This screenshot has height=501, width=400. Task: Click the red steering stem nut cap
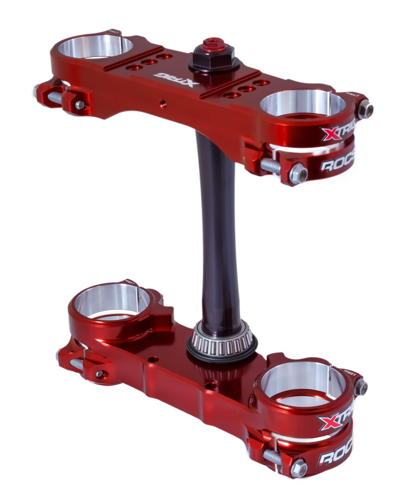click(214, 45)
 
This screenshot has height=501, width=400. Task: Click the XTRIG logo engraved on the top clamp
click(176, 79)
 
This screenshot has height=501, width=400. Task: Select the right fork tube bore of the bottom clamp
click(303, 379)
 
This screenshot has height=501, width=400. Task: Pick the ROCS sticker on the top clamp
click(337, 163)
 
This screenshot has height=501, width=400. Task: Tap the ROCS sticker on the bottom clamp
click(335, 454)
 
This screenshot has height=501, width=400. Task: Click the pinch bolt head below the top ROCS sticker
click(298, 174)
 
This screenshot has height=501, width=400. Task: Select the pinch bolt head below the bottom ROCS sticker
click(298, 468)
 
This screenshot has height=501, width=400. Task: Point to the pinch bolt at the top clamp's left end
click(80, 105)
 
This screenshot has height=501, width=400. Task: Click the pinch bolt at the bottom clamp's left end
click(99, 373)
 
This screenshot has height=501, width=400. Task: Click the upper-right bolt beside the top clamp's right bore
click(365, 109)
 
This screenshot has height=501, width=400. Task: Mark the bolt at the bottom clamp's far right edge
click(361, 387)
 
